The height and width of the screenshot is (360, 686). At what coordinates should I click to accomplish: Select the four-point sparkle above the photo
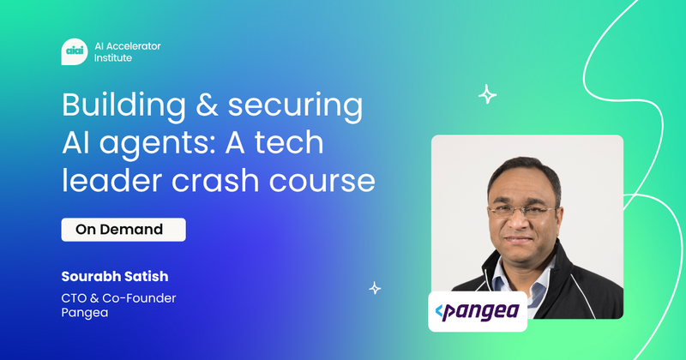487,94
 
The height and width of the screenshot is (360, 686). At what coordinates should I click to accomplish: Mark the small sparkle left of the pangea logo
375,288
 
